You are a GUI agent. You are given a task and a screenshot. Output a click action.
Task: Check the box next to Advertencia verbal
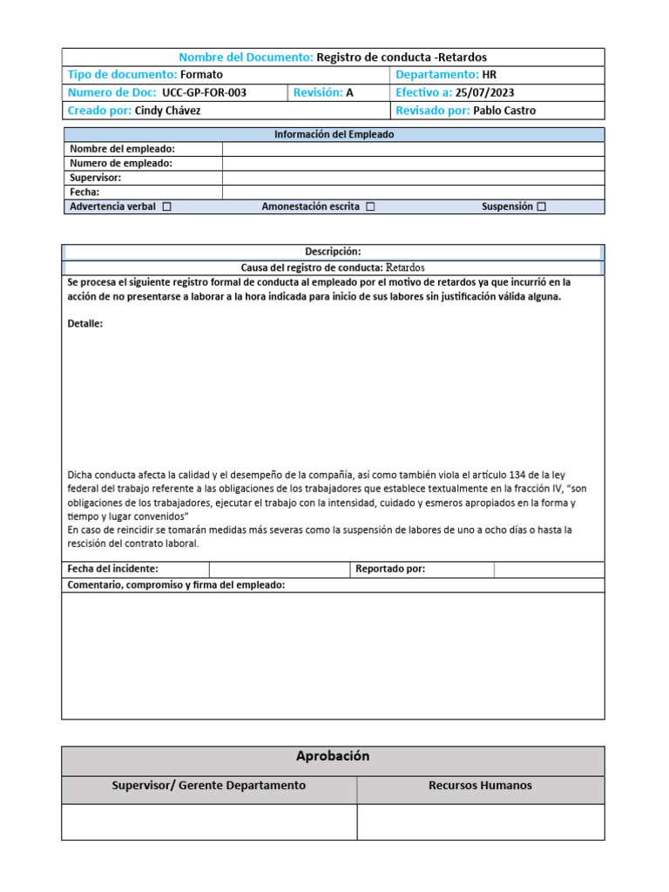166,207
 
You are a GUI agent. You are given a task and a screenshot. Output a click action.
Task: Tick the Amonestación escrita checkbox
370,207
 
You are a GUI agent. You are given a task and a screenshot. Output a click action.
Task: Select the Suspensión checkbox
541,207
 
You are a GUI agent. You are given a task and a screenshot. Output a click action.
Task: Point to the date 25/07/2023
485,93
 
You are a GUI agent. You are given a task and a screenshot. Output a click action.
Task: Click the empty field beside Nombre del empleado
413,149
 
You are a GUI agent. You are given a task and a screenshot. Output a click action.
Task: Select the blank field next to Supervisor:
413,178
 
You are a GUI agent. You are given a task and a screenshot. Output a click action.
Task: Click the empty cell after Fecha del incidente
279,570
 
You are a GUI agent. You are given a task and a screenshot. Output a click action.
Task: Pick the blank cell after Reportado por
549,570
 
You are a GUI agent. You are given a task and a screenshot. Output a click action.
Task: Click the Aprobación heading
333,757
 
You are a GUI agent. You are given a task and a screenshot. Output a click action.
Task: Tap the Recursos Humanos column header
480,786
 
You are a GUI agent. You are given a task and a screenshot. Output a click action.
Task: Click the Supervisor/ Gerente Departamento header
209,786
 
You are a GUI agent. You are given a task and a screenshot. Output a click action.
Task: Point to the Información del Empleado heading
334,135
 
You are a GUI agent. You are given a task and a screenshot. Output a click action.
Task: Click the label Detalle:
85,324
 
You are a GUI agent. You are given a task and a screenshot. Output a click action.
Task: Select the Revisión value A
350,93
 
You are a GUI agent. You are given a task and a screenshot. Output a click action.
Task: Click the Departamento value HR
489,75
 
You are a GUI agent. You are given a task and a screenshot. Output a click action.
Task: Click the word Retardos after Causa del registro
405,267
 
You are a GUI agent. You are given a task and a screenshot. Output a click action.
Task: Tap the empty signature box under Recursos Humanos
480,821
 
